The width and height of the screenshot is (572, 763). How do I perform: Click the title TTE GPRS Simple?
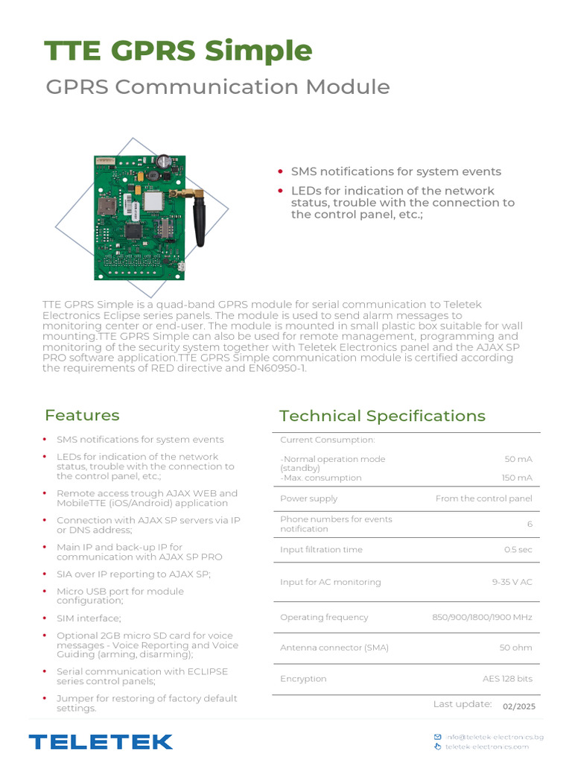click(178, 51)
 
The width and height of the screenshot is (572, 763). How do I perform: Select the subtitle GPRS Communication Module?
click(217, 86)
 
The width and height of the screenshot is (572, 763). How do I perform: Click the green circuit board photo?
click(139, 216)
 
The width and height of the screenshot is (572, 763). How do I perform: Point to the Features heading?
click(82, 415)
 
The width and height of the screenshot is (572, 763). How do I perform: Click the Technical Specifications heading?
click(382, 416)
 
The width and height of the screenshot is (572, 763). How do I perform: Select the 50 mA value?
click(518, 459)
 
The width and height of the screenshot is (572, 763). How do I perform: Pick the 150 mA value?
click(517, 478)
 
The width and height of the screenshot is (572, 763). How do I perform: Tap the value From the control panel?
click(484, 498)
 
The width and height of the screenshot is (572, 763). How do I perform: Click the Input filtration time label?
click(321, 550)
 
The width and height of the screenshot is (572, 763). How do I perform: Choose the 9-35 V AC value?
click(512, 582)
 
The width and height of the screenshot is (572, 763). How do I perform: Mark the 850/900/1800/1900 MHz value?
click(483, 617)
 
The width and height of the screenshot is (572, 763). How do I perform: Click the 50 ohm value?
click(516, 648)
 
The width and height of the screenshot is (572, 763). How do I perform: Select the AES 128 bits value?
click(507, 679)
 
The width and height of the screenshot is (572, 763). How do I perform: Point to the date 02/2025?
click(519, 706)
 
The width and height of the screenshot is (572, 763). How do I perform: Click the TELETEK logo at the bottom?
click(101, 741)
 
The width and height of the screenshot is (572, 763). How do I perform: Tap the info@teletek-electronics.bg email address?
click(495, 737)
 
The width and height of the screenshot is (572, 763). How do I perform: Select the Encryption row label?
click(303, 679)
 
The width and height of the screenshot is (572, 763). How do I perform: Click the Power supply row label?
click(308, 498)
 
